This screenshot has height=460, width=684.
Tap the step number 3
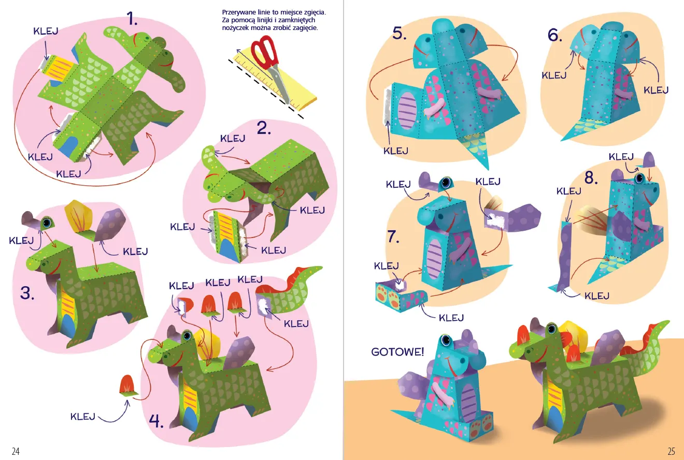point(27,293)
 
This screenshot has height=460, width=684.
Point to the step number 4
point(156,421)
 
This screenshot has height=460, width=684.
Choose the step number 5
point(400,33)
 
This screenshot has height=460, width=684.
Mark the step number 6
point(554,35)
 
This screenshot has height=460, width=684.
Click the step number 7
point(393,236)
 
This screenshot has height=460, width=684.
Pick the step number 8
point(591,177)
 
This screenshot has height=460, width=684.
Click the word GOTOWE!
point(397,352)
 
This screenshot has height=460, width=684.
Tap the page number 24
point(16,451)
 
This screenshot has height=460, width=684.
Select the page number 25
point(671,451)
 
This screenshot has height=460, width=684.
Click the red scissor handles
point(264,51)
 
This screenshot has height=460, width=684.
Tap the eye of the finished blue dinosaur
point(446,339)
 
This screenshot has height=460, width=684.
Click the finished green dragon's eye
point(552,329)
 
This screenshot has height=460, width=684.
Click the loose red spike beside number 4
point(127,385)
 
